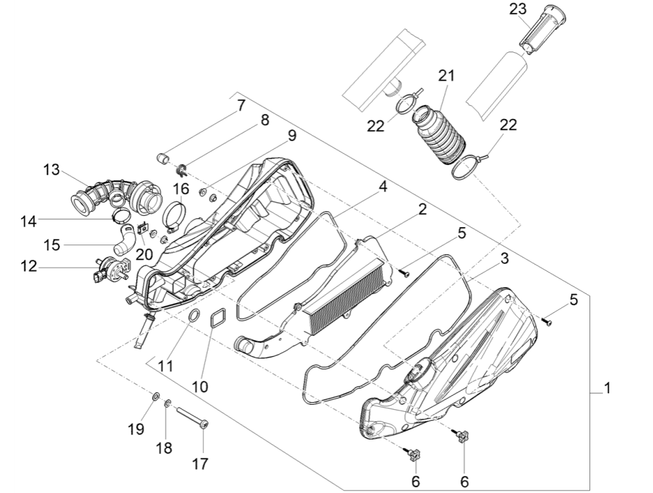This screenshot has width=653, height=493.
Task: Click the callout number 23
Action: (x=517, y=9)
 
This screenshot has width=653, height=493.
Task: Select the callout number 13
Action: (x=51, y=171)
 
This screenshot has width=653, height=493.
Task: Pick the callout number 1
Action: (x=606, y=389)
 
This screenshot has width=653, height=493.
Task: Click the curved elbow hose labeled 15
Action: (x=124, y=244)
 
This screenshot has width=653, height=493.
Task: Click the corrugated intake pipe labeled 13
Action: (x=116, y=193)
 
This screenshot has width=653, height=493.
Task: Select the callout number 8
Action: (x=264, y=120)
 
